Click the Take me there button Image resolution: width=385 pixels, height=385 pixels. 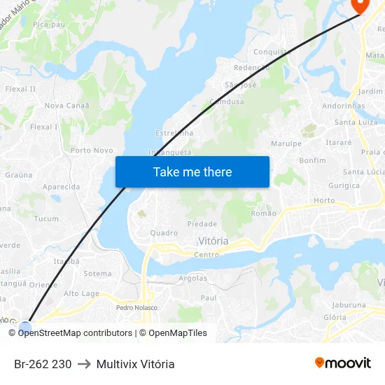(x=192, y=171)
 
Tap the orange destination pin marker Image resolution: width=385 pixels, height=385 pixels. (x=360, y=5)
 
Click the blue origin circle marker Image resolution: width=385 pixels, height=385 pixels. (x=25, y=327)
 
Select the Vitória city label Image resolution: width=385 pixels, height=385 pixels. (x=213, y=241)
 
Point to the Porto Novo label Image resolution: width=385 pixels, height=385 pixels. (x=92, y=150)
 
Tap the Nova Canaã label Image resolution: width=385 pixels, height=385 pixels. (x=67, y=106)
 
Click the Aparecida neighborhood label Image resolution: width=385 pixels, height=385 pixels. (x=61, y=187)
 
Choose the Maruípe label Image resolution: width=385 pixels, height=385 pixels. (x=286, y=143)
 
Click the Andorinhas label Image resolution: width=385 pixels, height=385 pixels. (x=344, y=106)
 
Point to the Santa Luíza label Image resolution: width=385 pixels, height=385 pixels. (x=356, y=122)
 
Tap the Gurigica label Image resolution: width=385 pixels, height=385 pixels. (x=344, y=185)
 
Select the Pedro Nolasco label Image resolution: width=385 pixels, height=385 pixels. (x=136, y=307)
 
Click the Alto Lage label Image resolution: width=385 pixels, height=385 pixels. (x=81, y=294)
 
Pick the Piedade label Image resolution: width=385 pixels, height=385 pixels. (x=202, y=224)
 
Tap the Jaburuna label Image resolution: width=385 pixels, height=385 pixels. (x=349, y=305)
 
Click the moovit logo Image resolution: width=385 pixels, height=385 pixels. (x=343, y=363)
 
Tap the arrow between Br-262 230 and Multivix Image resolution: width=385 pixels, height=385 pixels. (x=84, y=364)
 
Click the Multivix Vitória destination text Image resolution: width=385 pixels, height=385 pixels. (x=136, y=364)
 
